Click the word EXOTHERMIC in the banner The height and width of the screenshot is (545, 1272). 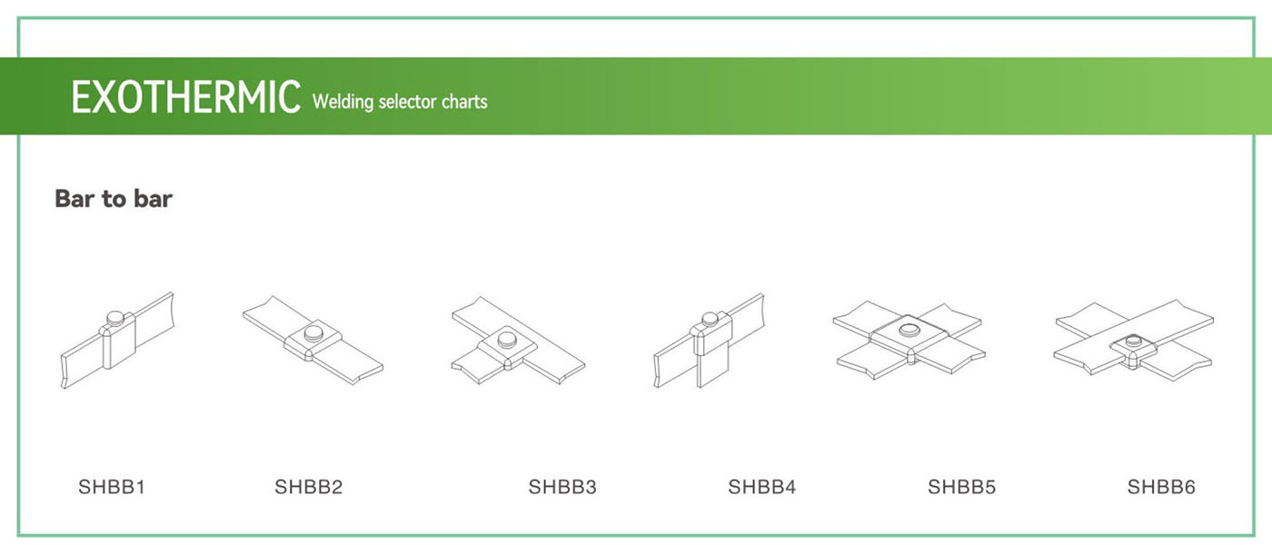[x=185, y=97]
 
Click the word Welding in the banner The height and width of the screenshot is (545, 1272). [x=343, y=101]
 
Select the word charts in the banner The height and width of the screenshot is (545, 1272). [x=464, y=101]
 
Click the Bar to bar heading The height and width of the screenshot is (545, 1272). [x=114, y=199]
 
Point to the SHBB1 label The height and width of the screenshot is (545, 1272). [x=112, y=488]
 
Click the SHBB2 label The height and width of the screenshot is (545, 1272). [x=309, y=488]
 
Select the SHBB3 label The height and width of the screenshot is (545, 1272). [x=562, y=488]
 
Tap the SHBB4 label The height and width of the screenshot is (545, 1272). [x=762, y=488]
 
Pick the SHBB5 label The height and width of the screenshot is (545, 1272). [x=962, y=488]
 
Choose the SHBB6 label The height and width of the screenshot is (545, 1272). [x=1162, y=488]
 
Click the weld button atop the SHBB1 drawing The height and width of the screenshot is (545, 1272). [x=115, y=317]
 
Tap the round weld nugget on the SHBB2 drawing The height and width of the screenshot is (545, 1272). [x=314, y=332]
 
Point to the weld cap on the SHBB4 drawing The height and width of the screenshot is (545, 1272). [x=710, y=319]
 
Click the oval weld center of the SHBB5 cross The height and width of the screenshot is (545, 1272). [x=909, y=329]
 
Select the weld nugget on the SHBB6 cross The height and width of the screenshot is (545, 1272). [x=1133, y=342]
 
